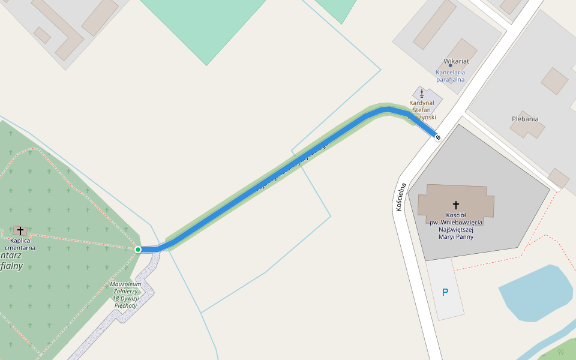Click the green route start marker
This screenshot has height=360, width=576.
(138, 250)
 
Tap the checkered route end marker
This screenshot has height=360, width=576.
(438, 137)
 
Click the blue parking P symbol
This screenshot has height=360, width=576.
(445, 293)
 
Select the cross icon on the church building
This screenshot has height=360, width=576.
(456, 205)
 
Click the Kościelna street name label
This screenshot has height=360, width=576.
(401, 196)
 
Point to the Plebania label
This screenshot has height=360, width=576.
(525, 119)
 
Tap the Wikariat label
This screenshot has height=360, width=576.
(456, 61)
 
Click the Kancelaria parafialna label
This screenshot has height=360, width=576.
(451, 76)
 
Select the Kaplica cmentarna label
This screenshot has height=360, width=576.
(20, 244)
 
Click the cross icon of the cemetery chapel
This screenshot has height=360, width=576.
(20, 230)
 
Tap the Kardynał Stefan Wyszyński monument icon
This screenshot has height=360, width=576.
(422, 93)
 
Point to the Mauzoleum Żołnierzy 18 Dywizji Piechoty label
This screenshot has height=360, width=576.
(126, 295)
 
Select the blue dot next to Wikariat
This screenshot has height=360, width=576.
(450, 65)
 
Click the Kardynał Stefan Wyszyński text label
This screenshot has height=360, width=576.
(422, 110)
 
